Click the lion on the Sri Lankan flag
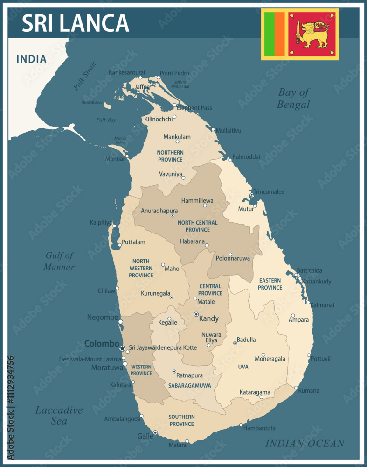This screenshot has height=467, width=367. click(314, 35)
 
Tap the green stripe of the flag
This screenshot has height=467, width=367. click(269, 34)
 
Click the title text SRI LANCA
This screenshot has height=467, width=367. click(75, 23)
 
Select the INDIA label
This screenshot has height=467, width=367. click(31, 59)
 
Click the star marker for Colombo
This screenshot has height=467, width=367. click(122, 348)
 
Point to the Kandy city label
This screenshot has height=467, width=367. click(208, 319)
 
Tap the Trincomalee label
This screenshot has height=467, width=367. click(270, 192)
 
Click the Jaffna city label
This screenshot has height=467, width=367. click(142, 87)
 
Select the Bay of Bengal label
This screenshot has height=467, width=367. click(293, 98)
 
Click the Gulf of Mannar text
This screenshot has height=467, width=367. click(59, 261)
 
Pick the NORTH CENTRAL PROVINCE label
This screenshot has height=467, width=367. click(197, 226)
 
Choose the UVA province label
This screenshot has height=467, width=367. click(243, 367)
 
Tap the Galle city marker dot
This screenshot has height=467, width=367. click(155, 433)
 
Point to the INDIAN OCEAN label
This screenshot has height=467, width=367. click(305, 444)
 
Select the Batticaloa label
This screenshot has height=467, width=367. click(309, 270)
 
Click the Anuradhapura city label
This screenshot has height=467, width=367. click(159, 211)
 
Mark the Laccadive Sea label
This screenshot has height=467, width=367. click(59, 415)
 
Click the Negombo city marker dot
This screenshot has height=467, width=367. click(121, 322)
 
